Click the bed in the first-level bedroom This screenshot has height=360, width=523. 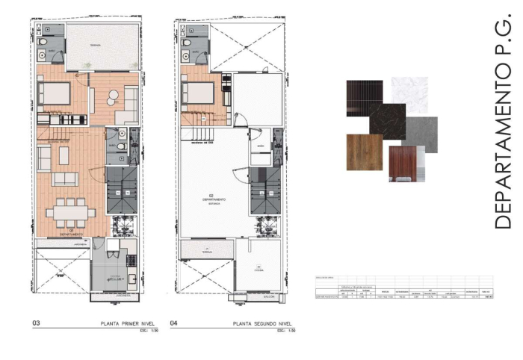tap(55, 93)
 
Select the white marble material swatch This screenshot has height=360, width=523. tap(410, 94)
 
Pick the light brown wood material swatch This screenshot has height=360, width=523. tap(365, 152)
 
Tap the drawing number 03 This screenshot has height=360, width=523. tap(36, 324)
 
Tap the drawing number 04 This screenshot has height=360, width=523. tap(174, 324)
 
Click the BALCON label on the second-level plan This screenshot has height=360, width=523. tap(258, 297)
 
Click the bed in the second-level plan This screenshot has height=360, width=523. tap(199, 93)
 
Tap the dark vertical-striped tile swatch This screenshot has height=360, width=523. tap(365, 96)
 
